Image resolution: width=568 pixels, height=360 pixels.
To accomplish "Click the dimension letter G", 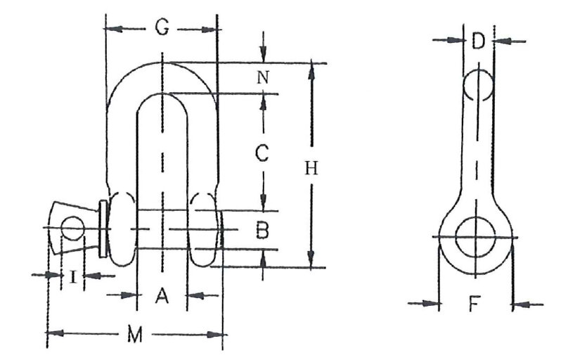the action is pos(162,27).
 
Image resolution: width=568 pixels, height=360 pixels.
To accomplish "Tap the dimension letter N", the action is pos(263,77).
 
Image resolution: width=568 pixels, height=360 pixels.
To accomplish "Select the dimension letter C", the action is pos(262,153).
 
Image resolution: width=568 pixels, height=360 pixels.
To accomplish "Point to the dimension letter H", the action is pos(311,169).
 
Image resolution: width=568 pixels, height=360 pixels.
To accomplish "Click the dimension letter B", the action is pos(262,231).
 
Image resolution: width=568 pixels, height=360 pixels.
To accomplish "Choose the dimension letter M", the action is pos(135,335).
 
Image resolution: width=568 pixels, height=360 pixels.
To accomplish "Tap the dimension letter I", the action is pos(73,277).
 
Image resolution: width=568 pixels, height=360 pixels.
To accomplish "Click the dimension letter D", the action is pos(478,41).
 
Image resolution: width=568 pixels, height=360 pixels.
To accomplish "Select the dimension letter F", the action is pos(475,304).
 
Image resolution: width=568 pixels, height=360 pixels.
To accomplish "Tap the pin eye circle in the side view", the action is pos(475,237).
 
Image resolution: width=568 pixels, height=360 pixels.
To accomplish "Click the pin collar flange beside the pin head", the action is pos(103,229).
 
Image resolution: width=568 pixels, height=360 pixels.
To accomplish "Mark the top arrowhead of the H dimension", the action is pos(311,70).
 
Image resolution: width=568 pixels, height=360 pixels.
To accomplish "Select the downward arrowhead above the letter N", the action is pos(264,56).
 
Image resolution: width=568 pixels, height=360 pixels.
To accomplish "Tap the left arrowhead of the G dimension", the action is pos(112,29).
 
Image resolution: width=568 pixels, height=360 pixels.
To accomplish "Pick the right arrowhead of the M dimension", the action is pos(214,335).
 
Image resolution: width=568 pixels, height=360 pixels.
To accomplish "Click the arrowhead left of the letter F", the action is pos(432,304).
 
